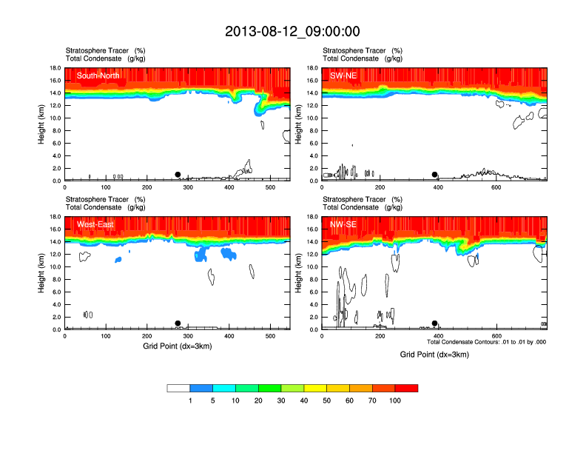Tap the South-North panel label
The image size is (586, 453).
(98, 75)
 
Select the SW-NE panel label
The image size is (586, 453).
(343, 75)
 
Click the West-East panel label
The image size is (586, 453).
(95, 224)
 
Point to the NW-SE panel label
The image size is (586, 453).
(344, 224)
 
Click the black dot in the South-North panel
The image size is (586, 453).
(178, 175)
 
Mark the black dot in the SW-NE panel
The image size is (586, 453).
(435, 175)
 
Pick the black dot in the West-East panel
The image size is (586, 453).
(178, 323)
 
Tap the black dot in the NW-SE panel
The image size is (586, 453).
(435, 323)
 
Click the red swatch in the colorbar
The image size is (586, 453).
(406, 388)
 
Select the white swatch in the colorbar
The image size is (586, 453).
(178, 388)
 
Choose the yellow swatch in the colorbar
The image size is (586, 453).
(315, 388)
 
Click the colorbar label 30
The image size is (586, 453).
(281, 400)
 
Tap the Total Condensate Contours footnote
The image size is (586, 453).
(486, 342)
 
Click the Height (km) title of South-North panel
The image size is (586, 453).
(42, 124)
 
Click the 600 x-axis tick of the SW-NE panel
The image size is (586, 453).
(496, 187)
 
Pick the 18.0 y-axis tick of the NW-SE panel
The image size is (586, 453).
(312, 217)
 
